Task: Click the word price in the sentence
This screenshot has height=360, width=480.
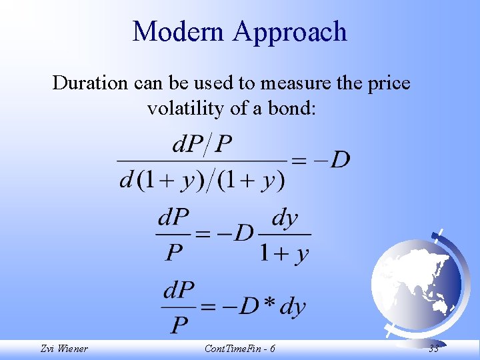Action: (386, 83)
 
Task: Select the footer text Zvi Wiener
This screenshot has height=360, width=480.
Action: (63, 348)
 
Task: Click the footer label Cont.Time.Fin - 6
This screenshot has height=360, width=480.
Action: (239, 348)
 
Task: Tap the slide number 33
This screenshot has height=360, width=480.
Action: (433, 348)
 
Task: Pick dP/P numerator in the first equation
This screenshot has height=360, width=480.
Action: (202, 144)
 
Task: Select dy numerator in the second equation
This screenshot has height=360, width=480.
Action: (285, 218)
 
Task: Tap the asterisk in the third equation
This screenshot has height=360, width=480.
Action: (268, 304)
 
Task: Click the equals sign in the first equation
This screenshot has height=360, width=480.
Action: (299, 161)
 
